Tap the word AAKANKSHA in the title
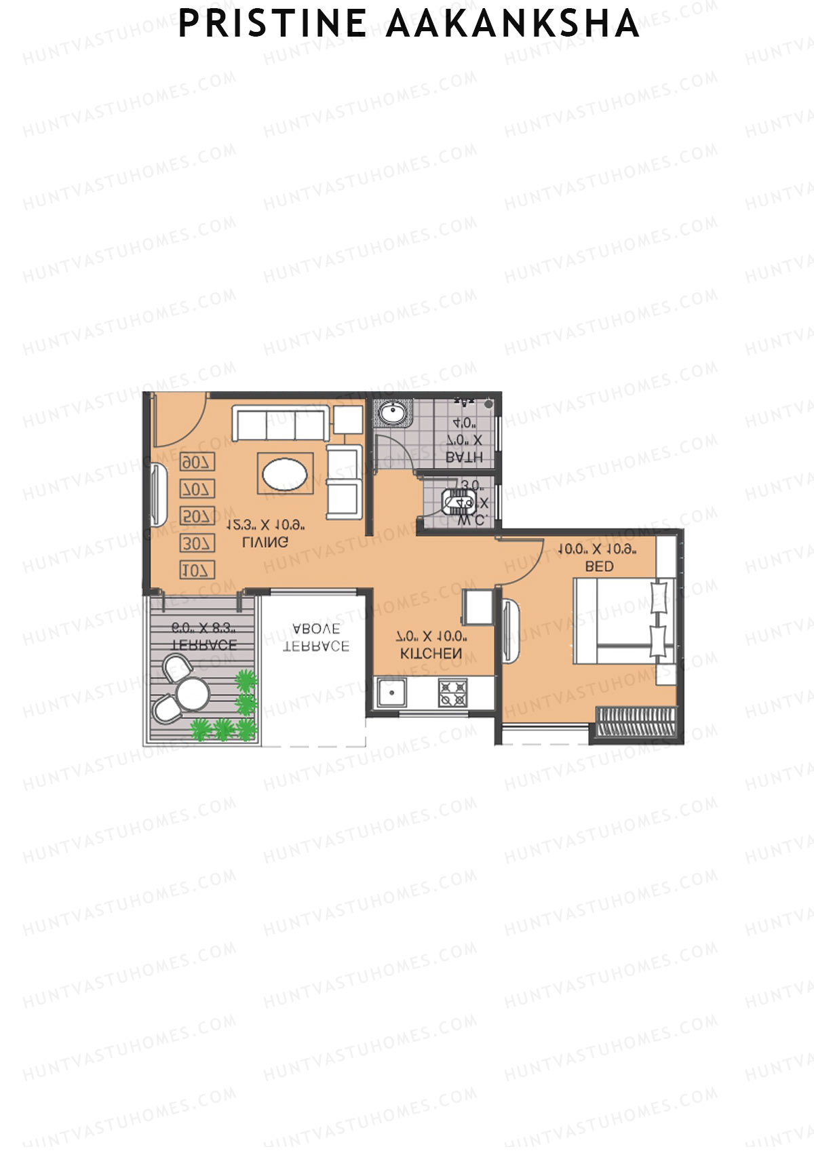(513, 24)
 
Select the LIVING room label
(265, 542)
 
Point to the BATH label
(465, 457)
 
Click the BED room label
(599, 566)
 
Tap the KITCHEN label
(431, 653)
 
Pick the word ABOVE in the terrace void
(317, 629)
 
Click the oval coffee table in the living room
(285, 473)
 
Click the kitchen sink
(391, 692)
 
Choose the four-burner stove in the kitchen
(452, 692)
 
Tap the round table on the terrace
(193, 693)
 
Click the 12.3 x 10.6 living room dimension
(265, 525)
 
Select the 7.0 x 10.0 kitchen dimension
(431, 636)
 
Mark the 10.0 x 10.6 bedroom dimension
(597, 549)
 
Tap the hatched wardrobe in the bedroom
(636, 722)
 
